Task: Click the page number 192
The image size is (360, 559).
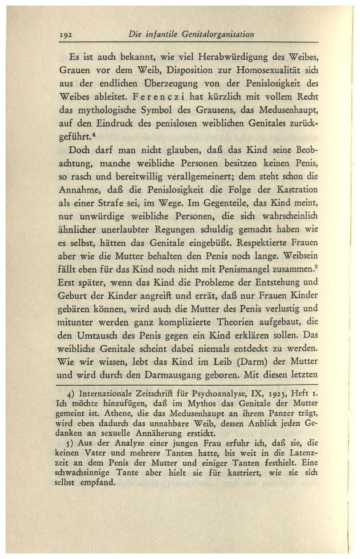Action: coord(65,35)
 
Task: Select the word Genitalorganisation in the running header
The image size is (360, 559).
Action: coord(218,34)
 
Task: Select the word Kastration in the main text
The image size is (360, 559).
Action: coord(297,190)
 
